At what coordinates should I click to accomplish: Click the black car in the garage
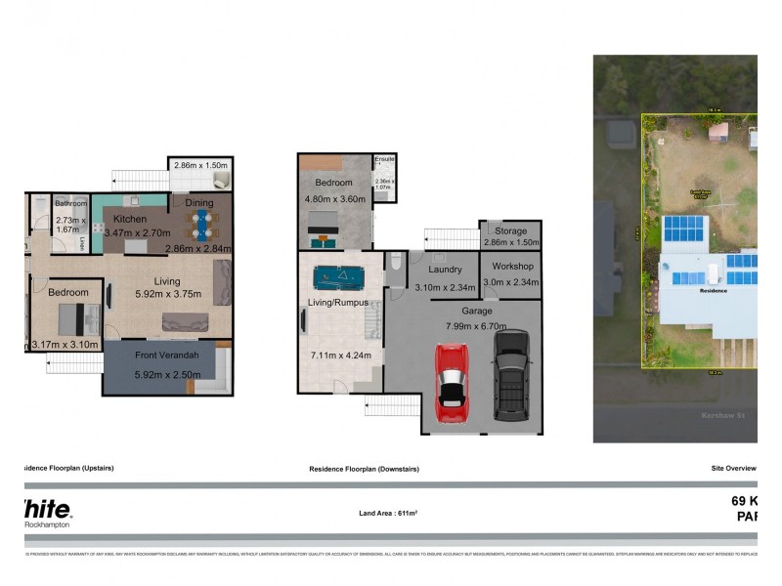[510, 375]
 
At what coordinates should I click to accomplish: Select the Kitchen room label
[130, 219]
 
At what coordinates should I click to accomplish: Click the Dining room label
[199, 203]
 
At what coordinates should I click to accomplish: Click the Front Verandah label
[167, 355]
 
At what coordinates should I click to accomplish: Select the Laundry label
[445, 270]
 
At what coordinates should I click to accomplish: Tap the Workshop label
[511, 266]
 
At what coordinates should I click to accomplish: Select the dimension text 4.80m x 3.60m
[338, 199]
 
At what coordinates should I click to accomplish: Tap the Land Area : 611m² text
[388, 512]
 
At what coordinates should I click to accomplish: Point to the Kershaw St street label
[723, 415]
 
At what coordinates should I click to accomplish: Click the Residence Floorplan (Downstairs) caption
[364, 469]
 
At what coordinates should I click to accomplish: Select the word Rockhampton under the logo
[48, 525]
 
